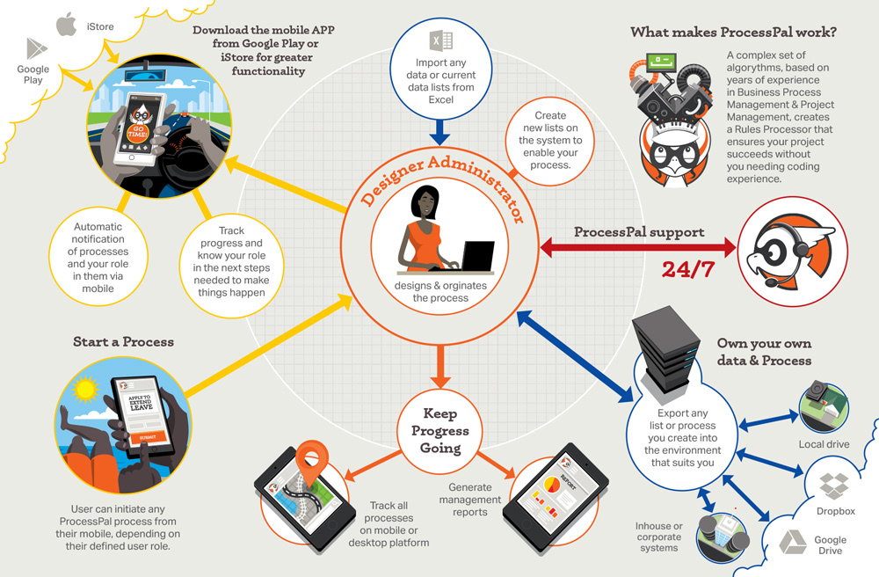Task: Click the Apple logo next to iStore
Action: (x=65, y=25)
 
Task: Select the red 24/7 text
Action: (x=687, y=269)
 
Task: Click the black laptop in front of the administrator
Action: (x=477, y=257)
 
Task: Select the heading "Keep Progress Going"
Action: (x=440, y=430)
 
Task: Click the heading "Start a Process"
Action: (x=123, y=341)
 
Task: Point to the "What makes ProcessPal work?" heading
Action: (x=733, y=33)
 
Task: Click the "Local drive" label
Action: (x=824, y=444)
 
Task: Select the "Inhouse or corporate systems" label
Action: (x=659, y=537)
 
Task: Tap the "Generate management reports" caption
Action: (x=476, y=500)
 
